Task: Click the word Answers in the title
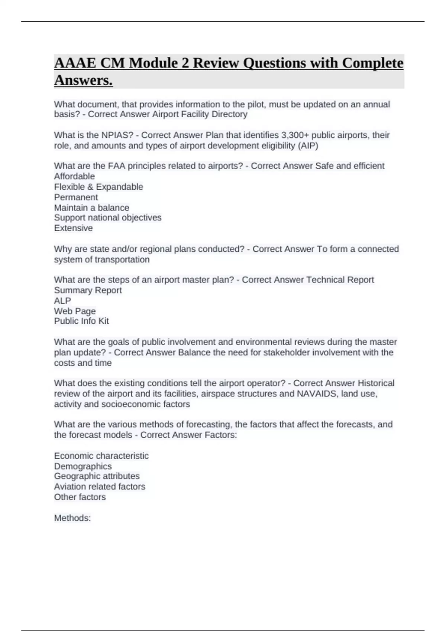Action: point(83,80)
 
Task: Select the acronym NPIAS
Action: point(117,135)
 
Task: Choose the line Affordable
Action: point(74,176)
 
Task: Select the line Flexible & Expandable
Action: point(98,187)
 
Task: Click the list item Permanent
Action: point(76,197)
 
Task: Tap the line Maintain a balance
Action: point(91,207)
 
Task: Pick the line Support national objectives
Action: point(108,218)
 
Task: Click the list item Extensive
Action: point(73,228)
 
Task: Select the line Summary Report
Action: point(88,290)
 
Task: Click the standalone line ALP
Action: point(62,301)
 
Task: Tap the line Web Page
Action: point(75,311)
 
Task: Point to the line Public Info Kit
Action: point(81,321)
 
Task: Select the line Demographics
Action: point(83,466)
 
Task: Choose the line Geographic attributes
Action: point(97,476)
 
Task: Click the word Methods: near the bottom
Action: point(72,518)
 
